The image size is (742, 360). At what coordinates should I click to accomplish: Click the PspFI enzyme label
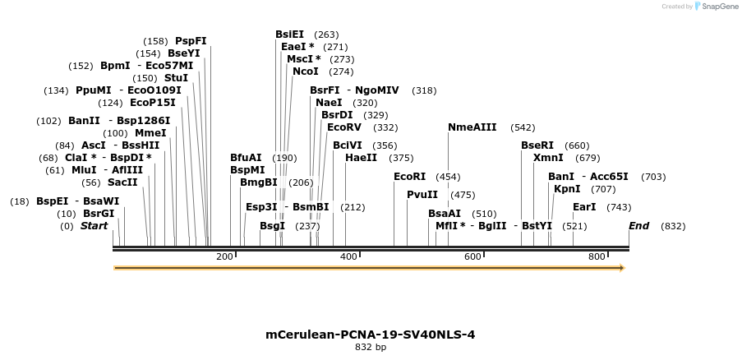tap(191, 40)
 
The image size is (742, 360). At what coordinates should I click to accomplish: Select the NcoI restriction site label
tap(306, 72)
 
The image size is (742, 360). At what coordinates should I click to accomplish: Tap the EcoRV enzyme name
tap(344, 127)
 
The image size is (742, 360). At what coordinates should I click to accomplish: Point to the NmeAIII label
tap(472, 127)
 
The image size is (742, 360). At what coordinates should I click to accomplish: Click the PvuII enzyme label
tap(422, 195)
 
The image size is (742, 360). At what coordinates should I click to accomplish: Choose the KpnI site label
tap(567, 189)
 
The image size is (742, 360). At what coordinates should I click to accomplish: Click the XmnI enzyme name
tap(548, 157)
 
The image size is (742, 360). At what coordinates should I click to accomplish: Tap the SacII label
tap(122, 182)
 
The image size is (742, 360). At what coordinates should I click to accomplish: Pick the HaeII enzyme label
tap(362, 157)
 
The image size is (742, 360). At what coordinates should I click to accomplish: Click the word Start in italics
tap(94, 226)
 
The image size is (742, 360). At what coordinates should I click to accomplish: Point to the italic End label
tap(639, 226)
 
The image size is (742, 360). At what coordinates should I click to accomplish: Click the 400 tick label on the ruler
tap(349, 257)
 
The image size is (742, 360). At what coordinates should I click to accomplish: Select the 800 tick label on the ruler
tap(597, 257)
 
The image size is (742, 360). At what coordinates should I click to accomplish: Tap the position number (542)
tap(523, 127)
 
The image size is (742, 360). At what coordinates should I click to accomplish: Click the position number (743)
tap(619, 207)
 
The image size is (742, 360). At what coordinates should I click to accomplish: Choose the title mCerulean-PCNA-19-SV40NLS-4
tap(370, 335)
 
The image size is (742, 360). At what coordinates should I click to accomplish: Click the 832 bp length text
tap(370, 348)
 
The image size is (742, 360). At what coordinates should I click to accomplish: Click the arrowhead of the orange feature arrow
tap(621, 268)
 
